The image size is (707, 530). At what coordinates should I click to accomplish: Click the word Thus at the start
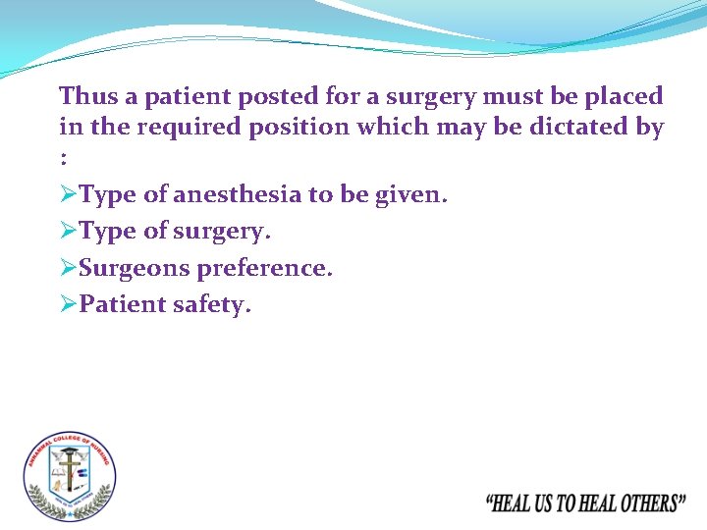(86, 96)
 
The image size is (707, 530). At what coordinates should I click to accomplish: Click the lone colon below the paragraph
(64, 157)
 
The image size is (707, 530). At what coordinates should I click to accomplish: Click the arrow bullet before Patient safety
(68, 305)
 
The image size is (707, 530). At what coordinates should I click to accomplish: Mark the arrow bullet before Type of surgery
(68, 232)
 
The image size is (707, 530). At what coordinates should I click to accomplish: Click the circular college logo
(70, 476)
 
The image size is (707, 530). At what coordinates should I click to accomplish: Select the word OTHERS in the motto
(642, 504)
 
